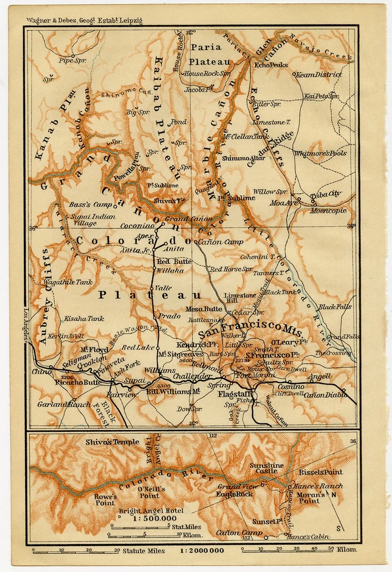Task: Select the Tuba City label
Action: (326, 194)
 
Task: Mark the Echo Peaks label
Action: (271, 64)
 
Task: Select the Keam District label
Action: (318, 74)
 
